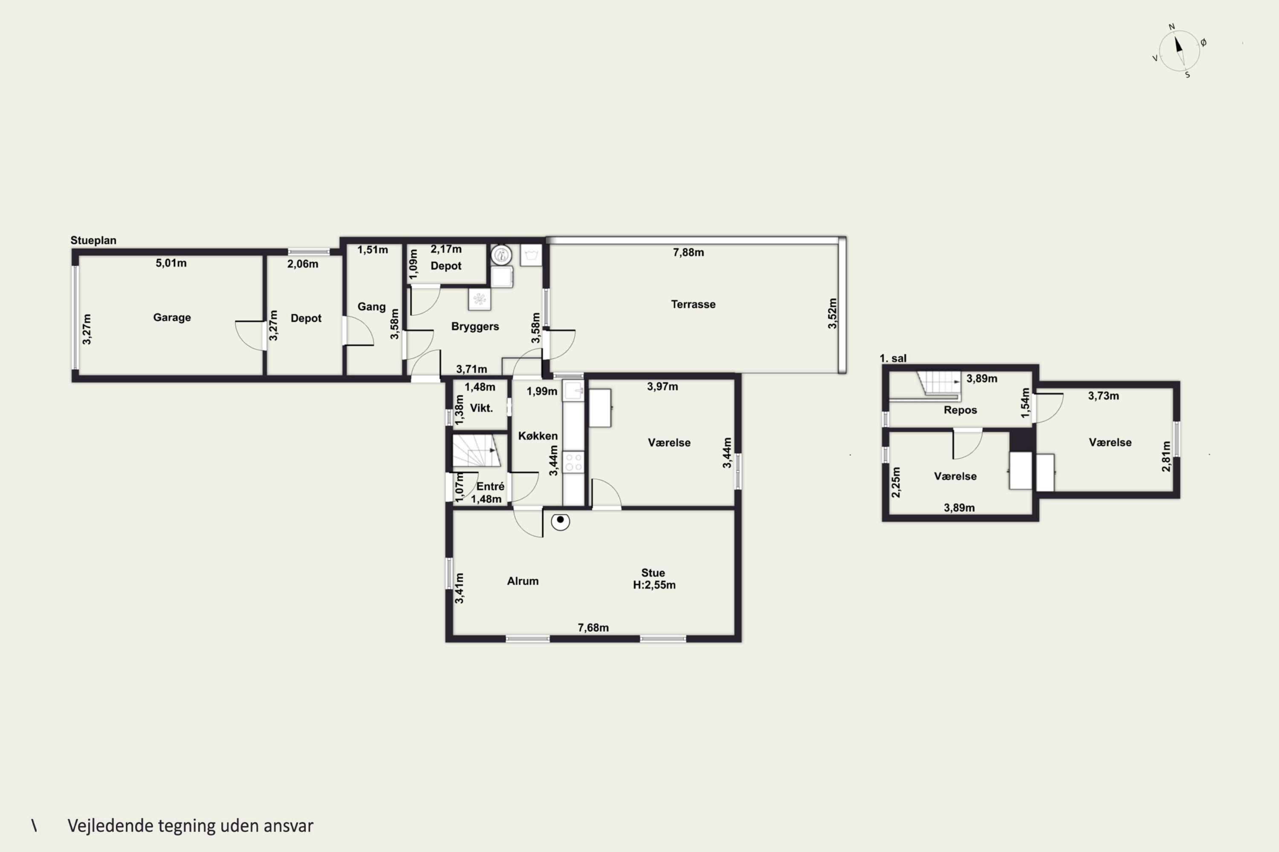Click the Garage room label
tap(172, 317)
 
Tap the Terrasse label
tap(693, 304)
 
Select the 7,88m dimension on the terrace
tap(689, 252)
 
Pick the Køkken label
tap(538, 436)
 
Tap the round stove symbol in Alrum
tap(560, 521)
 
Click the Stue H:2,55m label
tap(654, 579)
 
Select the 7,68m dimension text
tap(593, 627)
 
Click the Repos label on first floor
tap(961, 410)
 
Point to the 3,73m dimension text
tap(1103, 396)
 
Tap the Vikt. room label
tap(481, 408)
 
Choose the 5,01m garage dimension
tap(171, 263)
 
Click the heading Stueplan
tap(93, 240)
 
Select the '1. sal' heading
tap(893, 358)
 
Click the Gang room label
tap(371, 306)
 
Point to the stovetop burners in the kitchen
tap(573, 462)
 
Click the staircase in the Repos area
tap(939, 383)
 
